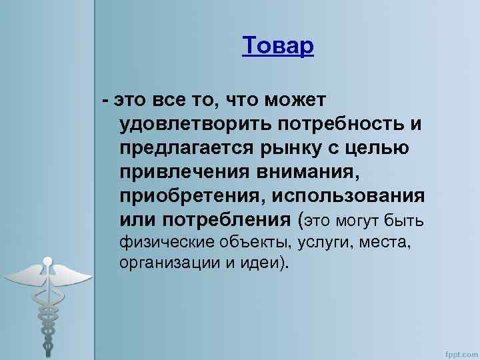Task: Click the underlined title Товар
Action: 277,46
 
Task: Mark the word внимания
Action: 313,173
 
